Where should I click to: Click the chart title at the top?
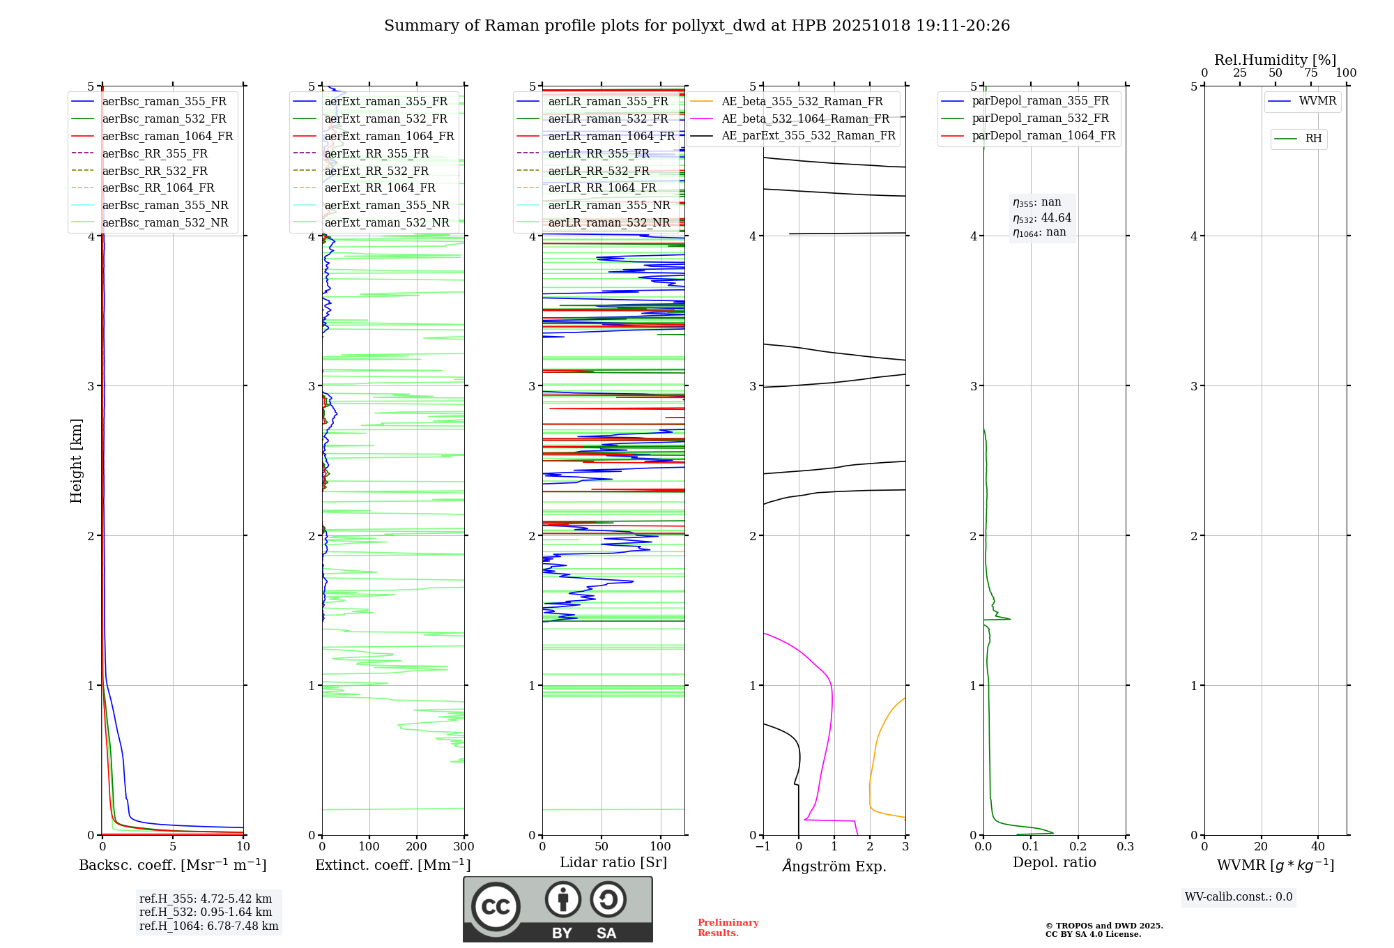click(x=697, y=26)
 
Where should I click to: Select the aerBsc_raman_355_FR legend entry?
click(x=164, y=101)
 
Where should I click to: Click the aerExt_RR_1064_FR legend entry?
click(x=380, y=188)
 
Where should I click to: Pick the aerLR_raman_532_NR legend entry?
click(x=608, y=222)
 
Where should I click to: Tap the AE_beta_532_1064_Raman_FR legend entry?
click(x=805, y=118)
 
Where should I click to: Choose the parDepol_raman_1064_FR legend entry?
click(x=1043, y=135)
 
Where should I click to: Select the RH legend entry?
click(x=1313, y=139)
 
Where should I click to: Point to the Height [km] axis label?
click(x=76, y=461)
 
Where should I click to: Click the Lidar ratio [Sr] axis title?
click(x=613, y=862)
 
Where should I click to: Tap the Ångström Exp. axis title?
click(x=834, y=866)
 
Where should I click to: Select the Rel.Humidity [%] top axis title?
click(x=1276, y=60)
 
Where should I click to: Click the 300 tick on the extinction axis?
click(x=464, y=847)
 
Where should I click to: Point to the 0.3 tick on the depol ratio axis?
click(x=1125, y=847)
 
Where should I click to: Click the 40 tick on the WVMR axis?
click(x=1317, y=847)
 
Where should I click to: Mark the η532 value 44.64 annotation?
click(x=1042, y=217)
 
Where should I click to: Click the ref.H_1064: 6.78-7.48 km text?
click(x=209, y=926)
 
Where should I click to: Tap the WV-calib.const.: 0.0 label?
click(x=1239, y=897)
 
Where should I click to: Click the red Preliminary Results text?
click(x=728, y=928)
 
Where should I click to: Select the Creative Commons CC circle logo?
click(x=496, y=907)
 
